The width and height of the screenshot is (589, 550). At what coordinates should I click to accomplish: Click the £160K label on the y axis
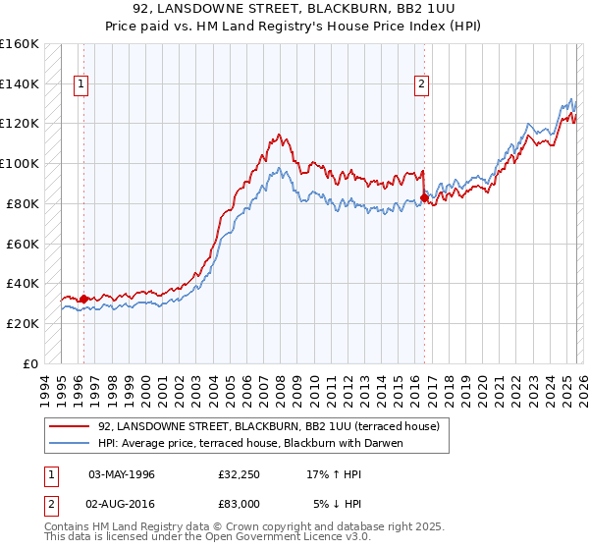click(20, 44)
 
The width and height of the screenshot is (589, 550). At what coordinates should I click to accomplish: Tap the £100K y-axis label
click(20, 164)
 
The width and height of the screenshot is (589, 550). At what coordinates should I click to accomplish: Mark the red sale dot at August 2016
click(424, 197)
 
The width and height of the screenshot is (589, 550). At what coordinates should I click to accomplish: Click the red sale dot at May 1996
click(84, 299)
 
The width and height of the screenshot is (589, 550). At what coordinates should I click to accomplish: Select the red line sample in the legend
click(72, 427)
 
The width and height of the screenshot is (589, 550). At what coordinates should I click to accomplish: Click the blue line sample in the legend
click(72, 443)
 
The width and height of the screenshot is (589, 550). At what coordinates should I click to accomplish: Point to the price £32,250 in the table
click(239, 474)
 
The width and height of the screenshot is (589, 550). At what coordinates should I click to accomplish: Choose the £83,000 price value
click(239, 503)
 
